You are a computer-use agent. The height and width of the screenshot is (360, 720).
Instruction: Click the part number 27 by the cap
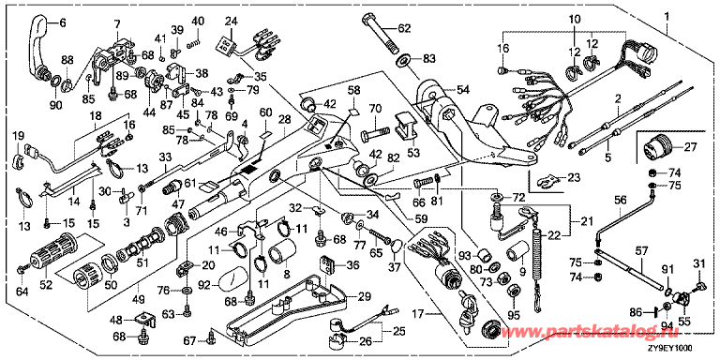690,148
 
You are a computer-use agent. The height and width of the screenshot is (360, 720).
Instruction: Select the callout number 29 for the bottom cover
364,297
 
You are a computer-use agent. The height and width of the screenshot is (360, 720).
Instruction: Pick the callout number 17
427,315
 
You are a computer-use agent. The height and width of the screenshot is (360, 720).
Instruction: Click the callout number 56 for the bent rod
620,201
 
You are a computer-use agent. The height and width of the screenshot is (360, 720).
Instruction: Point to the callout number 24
232,22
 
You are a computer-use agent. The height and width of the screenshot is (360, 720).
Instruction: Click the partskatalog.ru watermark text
610,331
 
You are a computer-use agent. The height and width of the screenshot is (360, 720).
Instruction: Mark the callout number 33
165,157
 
